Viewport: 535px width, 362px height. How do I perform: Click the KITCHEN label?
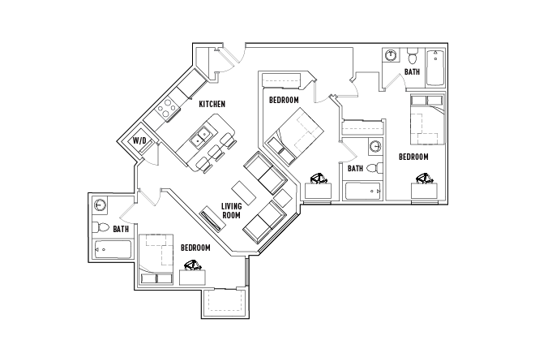pyautogui.click(x=212, y=104)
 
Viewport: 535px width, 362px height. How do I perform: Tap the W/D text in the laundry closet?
pyautogui.click(x=139, y=141)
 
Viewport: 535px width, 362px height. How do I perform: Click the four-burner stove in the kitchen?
pyautogui.click(x=168, y=108)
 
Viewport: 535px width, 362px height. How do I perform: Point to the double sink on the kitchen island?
pyautogui.click(x=199, y=136)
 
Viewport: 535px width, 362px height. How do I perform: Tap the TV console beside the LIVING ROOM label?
pyautogui.click(x=210, y=219)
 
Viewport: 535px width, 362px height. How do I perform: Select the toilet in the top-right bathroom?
pyautogui.click(x=413, y=58)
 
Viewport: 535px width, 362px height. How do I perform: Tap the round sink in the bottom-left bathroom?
pyautogui.click(x=101, y=205)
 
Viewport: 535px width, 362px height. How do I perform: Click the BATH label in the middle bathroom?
pyautogui.click(x=355, y=169)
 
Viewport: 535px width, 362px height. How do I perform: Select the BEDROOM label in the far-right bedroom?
pyautogui.click(x=413, y=156)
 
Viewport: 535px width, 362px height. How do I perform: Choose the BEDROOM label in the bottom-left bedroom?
pyautogui.click(x=195, y=248)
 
